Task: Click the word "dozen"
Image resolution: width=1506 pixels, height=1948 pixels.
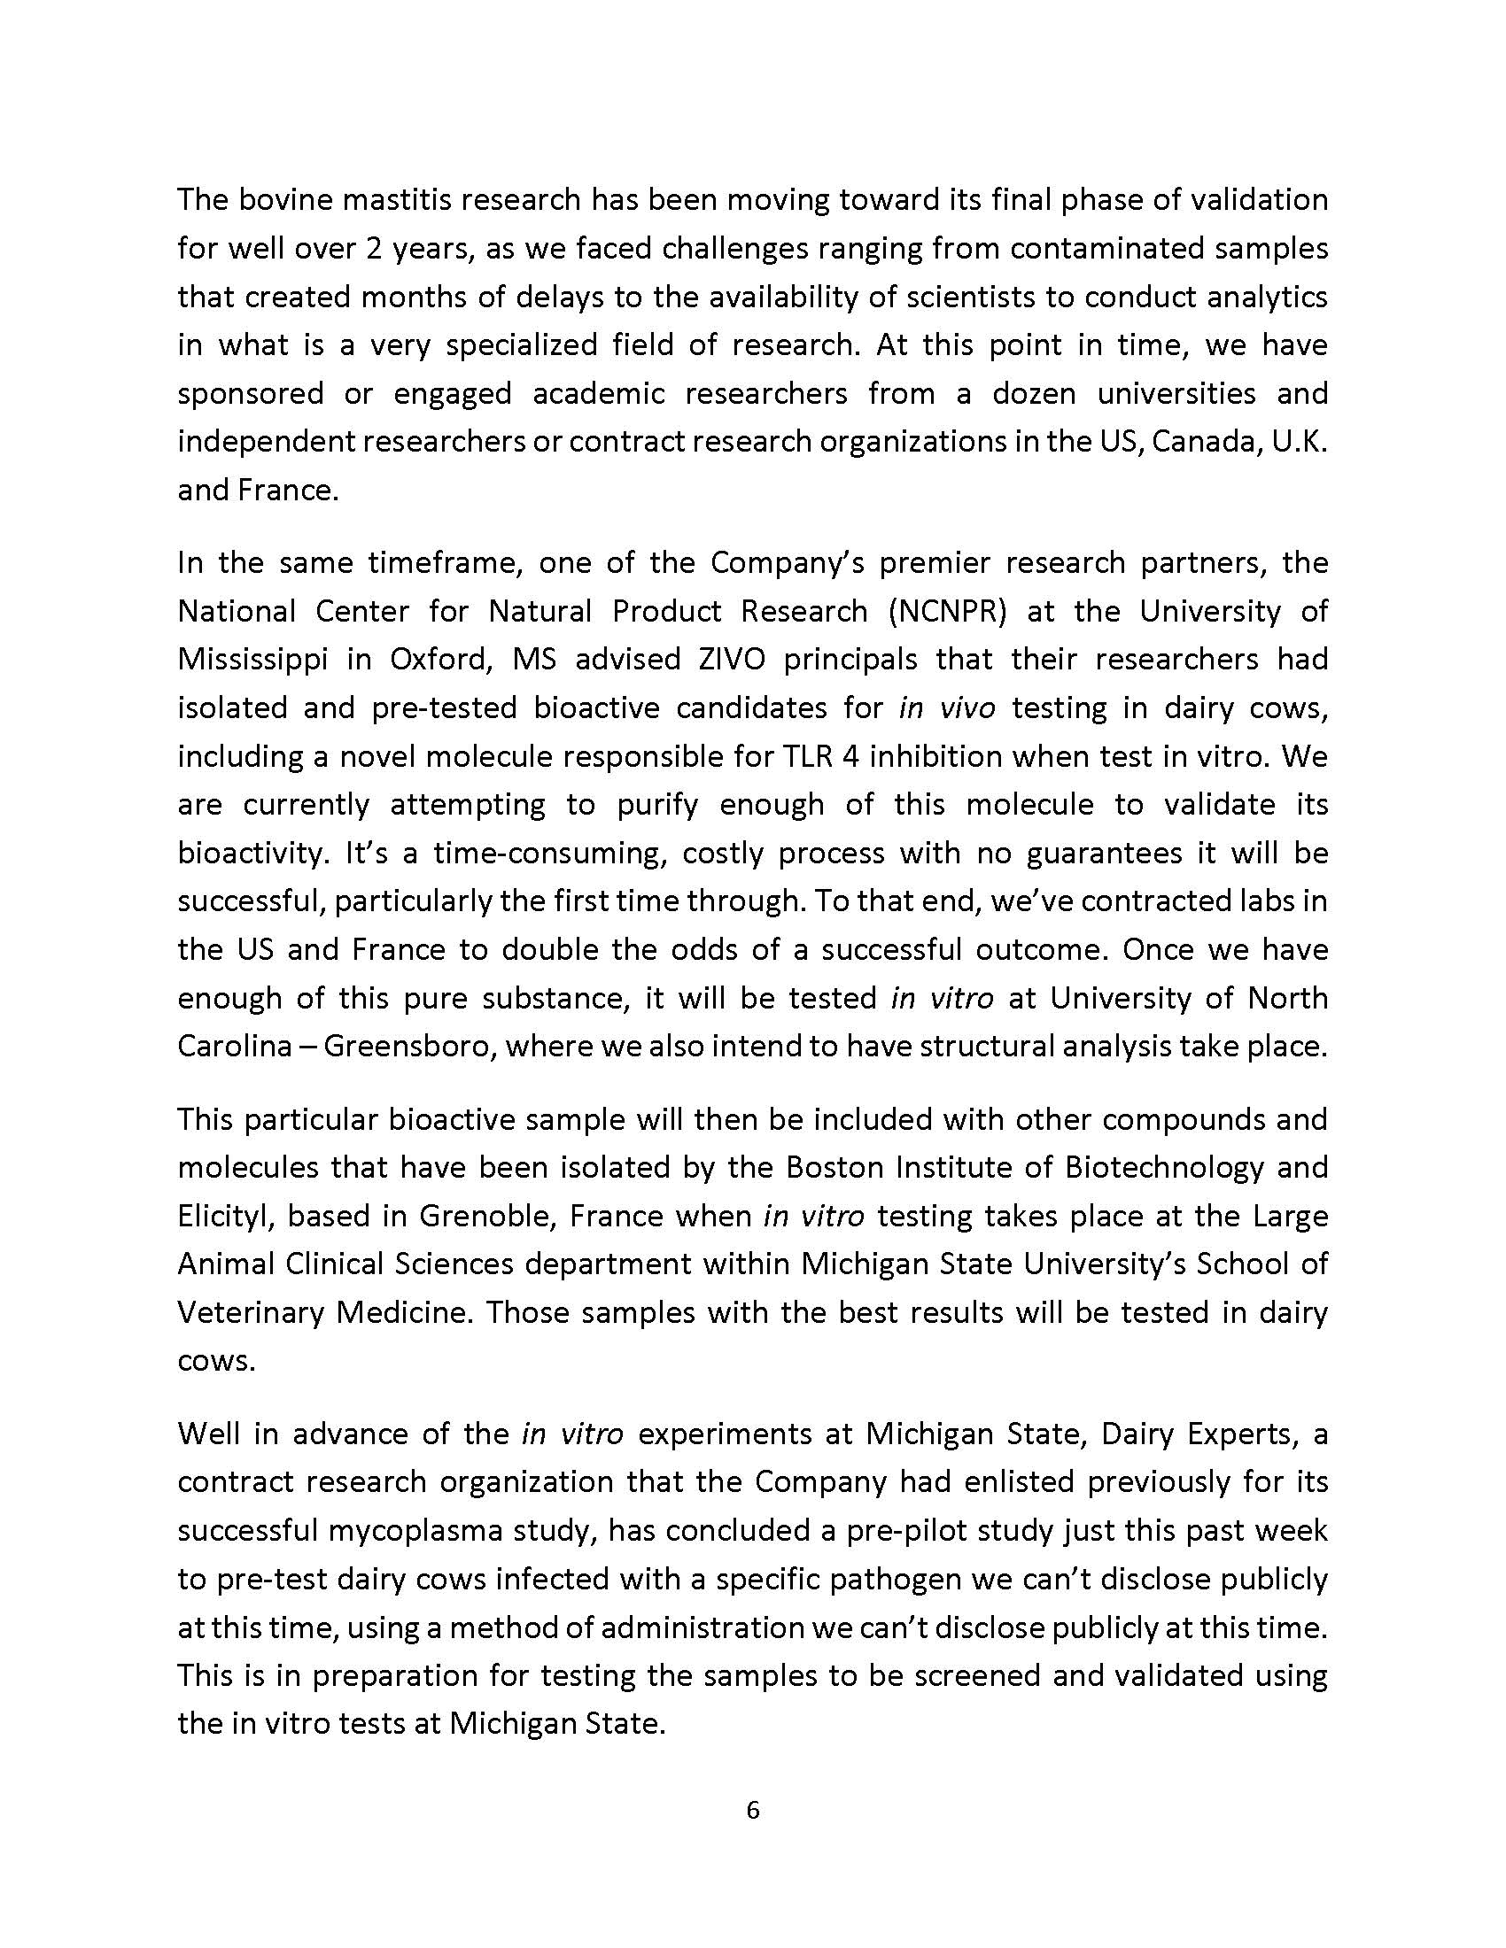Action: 1033,392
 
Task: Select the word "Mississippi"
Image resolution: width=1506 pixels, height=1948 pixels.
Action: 251,659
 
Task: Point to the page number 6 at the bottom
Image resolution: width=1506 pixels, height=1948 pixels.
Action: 752,1810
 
